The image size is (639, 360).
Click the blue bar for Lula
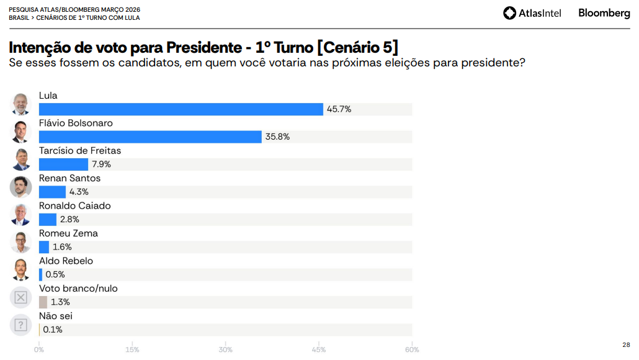[181, 109]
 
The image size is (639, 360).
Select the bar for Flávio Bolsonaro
[150, 137]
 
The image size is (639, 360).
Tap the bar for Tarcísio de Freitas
[63, 164]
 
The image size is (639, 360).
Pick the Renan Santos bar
[52, 192]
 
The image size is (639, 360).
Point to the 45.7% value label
[339, 109]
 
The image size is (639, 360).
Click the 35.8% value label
[277, 137]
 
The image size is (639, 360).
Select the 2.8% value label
[69, 219]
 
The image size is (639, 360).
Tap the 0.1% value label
[53, 330]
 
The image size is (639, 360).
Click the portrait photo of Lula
[20, 104]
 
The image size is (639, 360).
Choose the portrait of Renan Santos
[20, 186]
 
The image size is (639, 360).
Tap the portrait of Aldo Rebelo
[20, 269]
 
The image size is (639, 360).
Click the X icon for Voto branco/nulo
[20, 297]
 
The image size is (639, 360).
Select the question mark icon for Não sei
[20, 325]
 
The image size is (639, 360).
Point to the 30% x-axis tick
[226, 349]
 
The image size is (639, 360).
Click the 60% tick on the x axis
[412, 349]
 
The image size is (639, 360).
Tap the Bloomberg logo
[604, 13]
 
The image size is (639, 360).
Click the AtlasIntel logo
[532, 13]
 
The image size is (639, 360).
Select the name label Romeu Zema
[68, 233]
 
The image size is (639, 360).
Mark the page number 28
[626, 345]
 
